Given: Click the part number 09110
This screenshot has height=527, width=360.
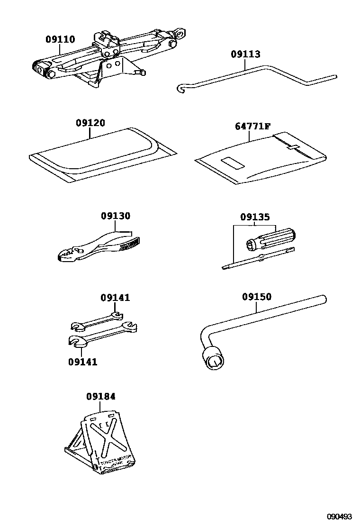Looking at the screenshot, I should point(60,39).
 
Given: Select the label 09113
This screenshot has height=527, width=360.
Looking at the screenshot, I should point(245,54).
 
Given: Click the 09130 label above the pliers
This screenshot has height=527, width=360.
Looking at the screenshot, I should point(115,216).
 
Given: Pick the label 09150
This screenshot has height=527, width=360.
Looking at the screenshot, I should point(257,297).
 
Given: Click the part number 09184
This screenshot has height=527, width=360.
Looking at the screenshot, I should point(100,396).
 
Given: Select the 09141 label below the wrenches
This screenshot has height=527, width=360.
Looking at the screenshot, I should point(82,362).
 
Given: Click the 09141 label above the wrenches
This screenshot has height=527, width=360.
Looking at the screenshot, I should point(115,298).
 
